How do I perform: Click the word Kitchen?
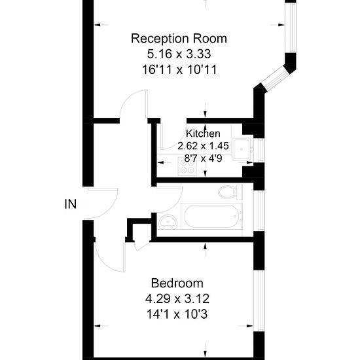[203, 134]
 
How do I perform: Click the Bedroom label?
[177, 283]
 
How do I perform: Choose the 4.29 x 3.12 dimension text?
[177, 298]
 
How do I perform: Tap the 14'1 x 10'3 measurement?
[177, 313]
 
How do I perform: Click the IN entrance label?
[71, 204]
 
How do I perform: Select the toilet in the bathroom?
[229, 192]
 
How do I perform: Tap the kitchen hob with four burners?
[188, 168]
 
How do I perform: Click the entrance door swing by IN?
[103, 203]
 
